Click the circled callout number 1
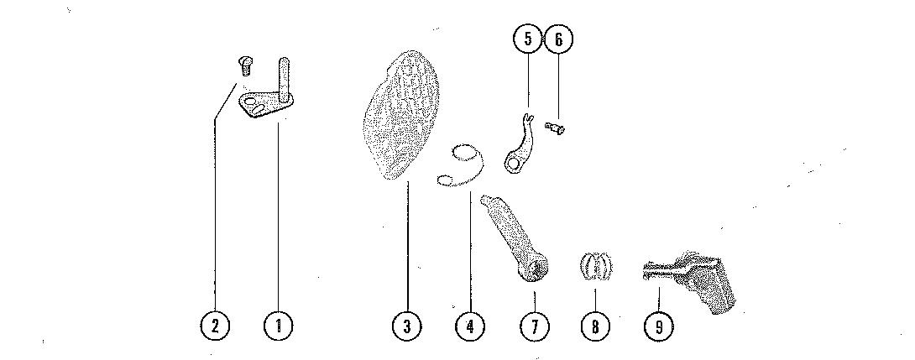pos(278,326)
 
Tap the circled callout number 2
pos(215,326)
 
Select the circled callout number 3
pos(407,326)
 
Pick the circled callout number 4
pos(470,326)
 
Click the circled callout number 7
pos(533,326)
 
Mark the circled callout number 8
pos(595,326)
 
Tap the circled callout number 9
pos(658,326)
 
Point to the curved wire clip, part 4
pos(463,164)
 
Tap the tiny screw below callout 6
pos(554,128)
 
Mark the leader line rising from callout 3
pos(407,243)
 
